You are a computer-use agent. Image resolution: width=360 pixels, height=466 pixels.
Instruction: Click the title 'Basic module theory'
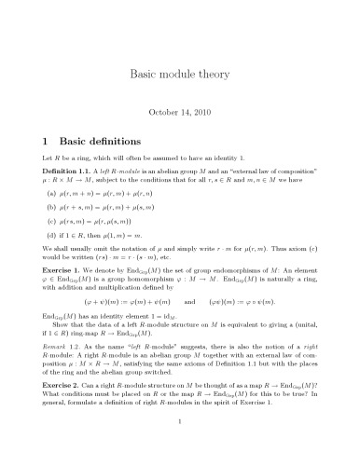[180, 72]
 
